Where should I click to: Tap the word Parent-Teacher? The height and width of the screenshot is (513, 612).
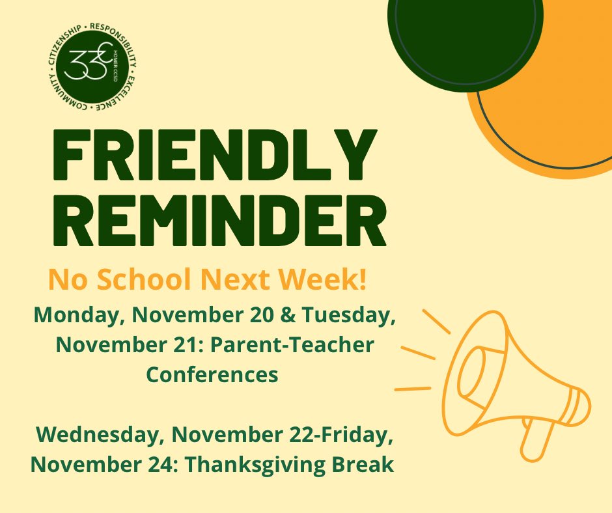coord(301,346)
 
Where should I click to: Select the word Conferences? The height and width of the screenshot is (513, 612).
coord(212,375)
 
